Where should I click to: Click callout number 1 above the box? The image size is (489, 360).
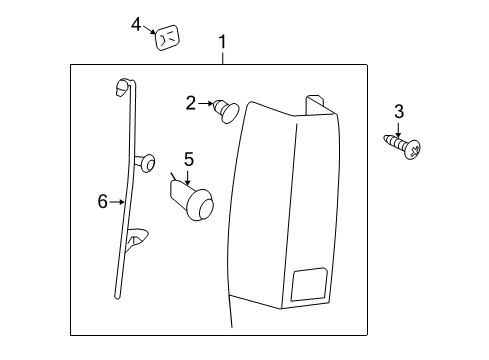pyautogui.click(x=222, y=42)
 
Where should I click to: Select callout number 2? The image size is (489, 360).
pyautogui.click(x=190, y=102)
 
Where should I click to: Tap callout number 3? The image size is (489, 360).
pyautogui.click(x=398, y=110)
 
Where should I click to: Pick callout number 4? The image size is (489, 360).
pyautogui.click(x=137, y=24)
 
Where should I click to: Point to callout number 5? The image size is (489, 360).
pyautogui.click(x=187, y=159)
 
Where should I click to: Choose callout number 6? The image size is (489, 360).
pyautogui.click(x=102, y=201)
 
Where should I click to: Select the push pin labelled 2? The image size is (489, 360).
pyautogui.click(x=225, y=108)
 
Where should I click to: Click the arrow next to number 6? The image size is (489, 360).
pyautogui.click(x=118, y=201)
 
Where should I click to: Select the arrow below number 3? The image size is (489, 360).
pyautogui.click(x=398, y=126)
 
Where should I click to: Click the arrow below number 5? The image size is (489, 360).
pyautogui.click(x=187, y=174)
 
